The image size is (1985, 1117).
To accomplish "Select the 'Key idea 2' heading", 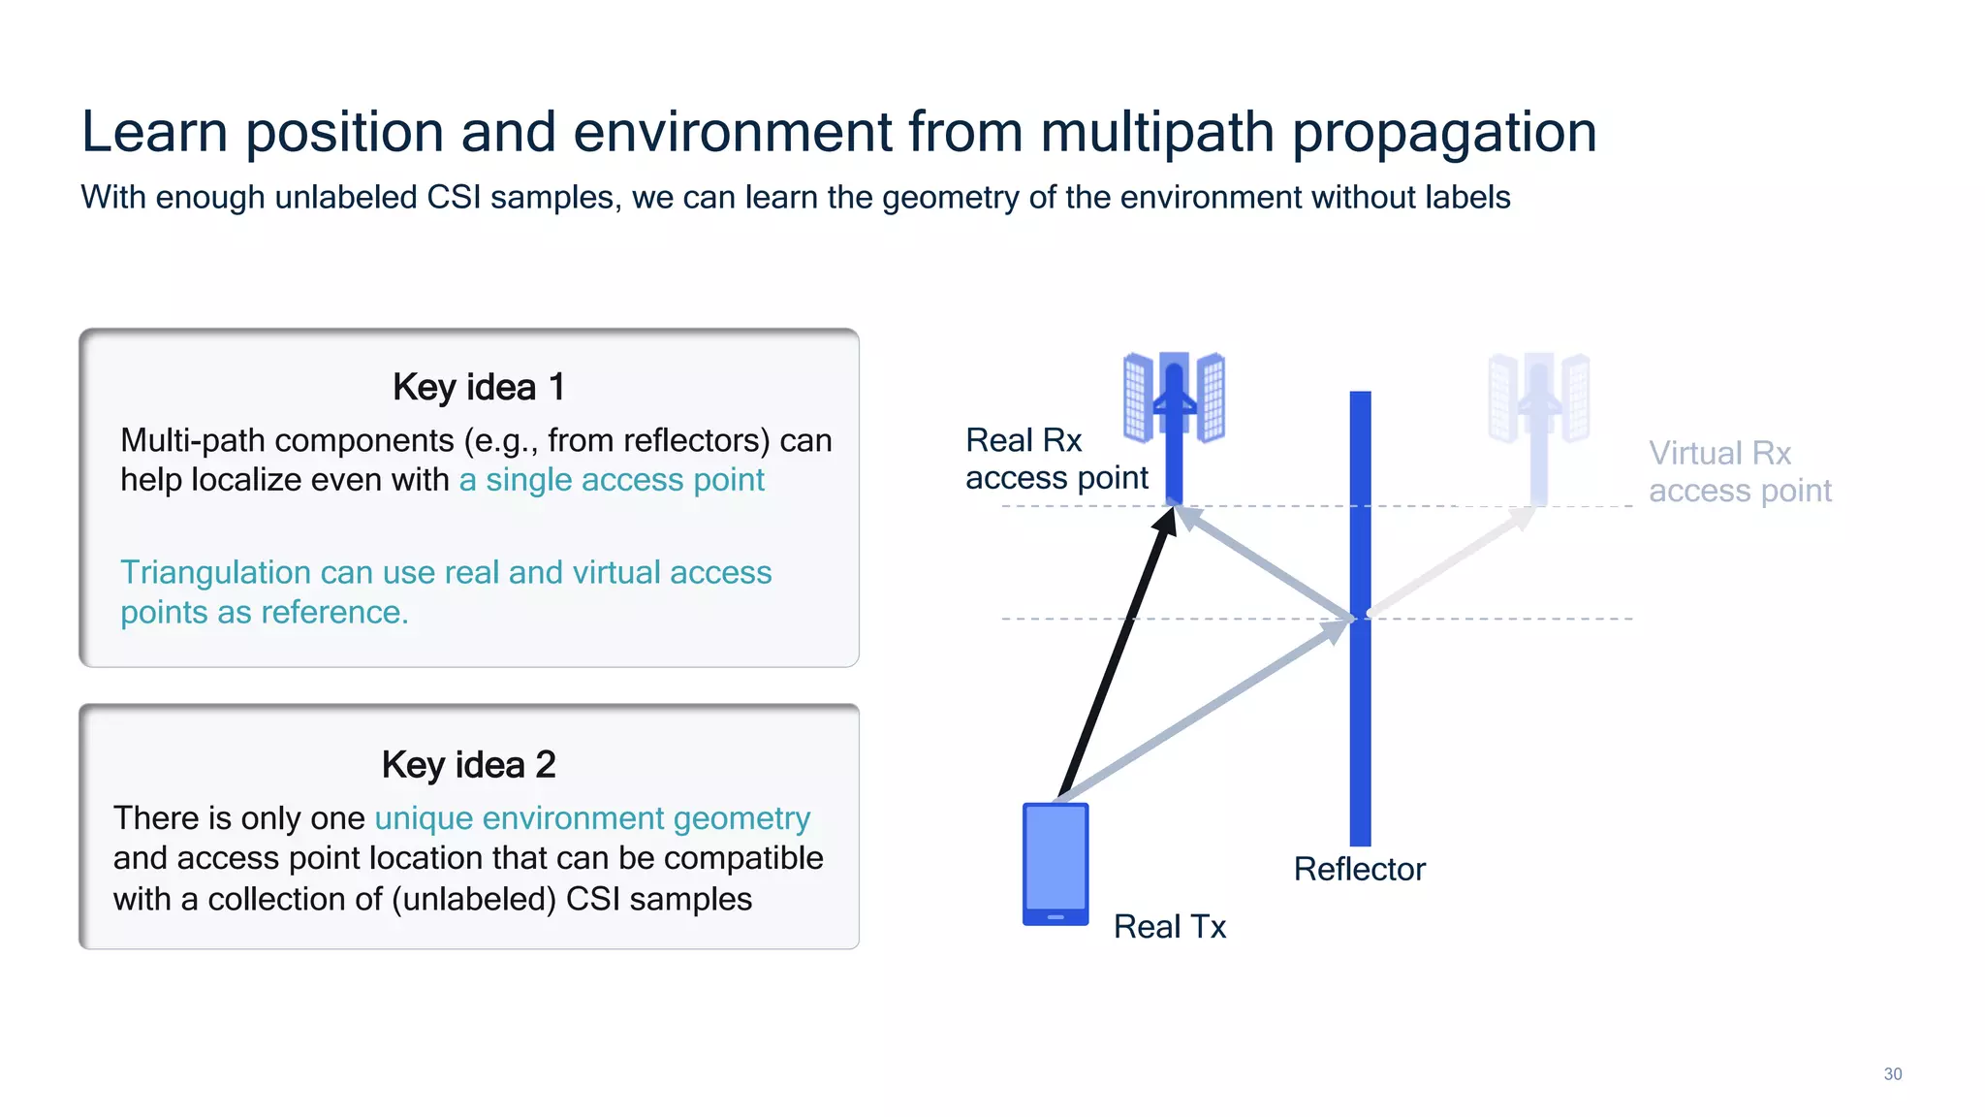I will coord(468,764).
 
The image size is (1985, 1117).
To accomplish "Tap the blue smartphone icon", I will coord(1056,863).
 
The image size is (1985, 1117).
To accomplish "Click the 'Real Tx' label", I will coord(1169,926).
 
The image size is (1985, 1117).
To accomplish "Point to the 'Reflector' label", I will coord(1359,869).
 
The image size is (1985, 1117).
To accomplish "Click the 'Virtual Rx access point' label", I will coord(1739,471).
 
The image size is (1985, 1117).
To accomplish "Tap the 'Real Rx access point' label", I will coord(1056,459).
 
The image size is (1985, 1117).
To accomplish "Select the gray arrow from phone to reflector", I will coord(1202,712).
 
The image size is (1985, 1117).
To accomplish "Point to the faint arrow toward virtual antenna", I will coord(1450,562).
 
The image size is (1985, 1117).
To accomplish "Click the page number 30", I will coord(1892,1073).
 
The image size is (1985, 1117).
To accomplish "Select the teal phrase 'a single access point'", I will coord(612,480).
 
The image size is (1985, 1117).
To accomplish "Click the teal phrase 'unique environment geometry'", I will coord(592,818).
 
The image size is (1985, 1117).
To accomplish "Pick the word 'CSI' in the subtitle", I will coord(454,197).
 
